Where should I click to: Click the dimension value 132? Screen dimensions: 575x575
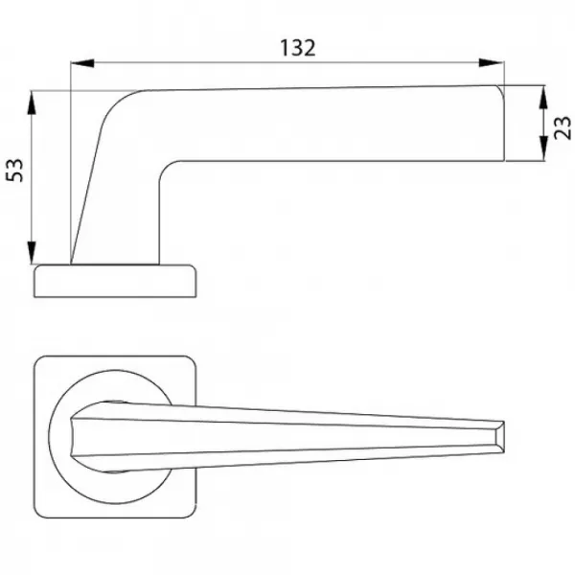[297, 48]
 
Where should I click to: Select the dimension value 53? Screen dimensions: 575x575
[15, 171]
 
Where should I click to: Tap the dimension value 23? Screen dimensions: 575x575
[563, 127]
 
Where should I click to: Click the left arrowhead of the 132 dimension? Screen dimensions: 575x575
[82, 63]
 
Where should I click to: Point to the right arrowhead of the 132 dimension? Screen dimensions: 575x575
[492, 63]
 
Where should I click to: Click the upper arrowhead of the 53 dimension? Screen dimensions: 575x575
[32, 103]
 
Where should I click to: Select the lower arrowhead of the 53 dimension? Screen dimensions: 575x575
[32, 252]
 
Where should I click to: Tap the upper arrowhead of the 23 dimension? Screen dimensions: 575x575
[543, 98]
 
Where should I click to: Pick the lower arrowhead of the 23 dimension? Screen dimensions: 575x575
[543, 149]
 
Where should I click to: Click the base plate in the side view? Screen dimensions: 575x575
[115, 281]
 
